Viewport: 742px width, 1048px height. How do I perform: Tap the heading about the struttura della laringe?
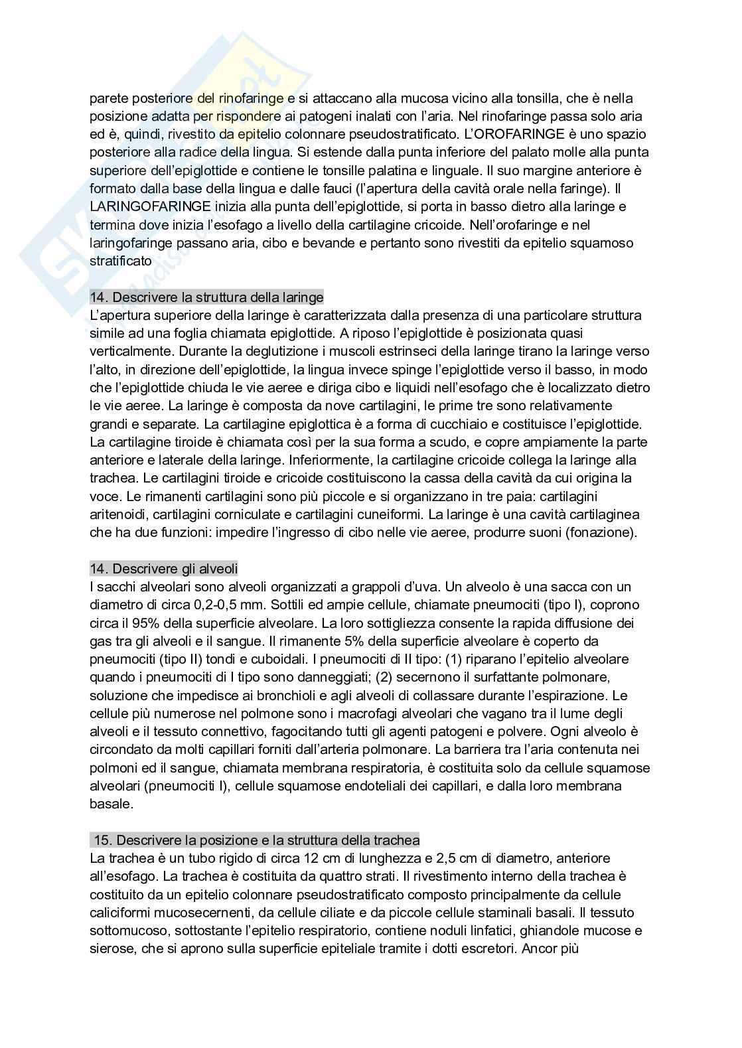(206, 297)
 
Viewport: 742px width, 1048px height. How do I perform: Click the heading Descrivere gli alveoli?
(164, 569)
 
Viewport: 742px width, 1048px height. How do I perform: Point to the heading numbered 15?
(255, 840)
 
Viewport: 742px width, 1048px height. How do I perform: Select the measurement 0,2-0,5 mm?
(204, 605)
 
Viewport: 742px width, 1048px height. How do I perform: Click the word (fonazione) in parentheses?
(601, 532)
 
